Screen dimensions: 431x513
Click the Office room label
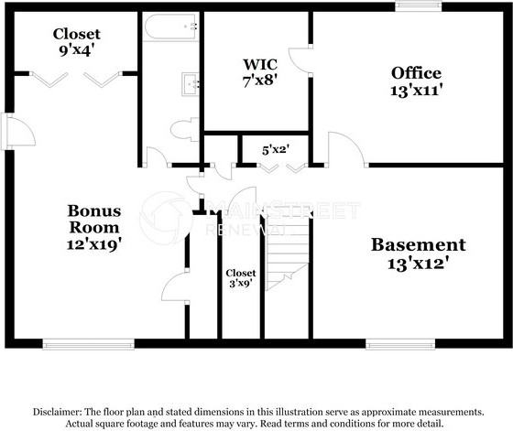(x=416, y=81)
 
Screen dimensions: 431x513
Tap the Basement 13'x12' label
(x=418, y=253)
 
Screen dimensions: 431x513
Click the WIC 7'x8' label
(x=255, y=72)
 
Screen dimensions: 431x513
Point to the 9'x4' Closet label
(x=77, y=42)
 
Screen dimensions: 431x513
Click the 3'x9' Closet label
(x=241, y=278)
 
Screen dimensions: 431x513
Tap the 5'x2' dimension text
(x=275, y=147)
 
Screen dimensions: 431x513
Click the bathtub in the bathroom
(x=169, y=27)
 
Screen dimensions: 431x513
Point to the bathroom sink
(x=191, y=83)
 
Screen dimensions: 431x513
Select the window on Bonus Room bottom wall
(x=75, y=344)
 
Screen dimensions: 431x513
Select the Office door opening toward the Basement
(x=341, y=149)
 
